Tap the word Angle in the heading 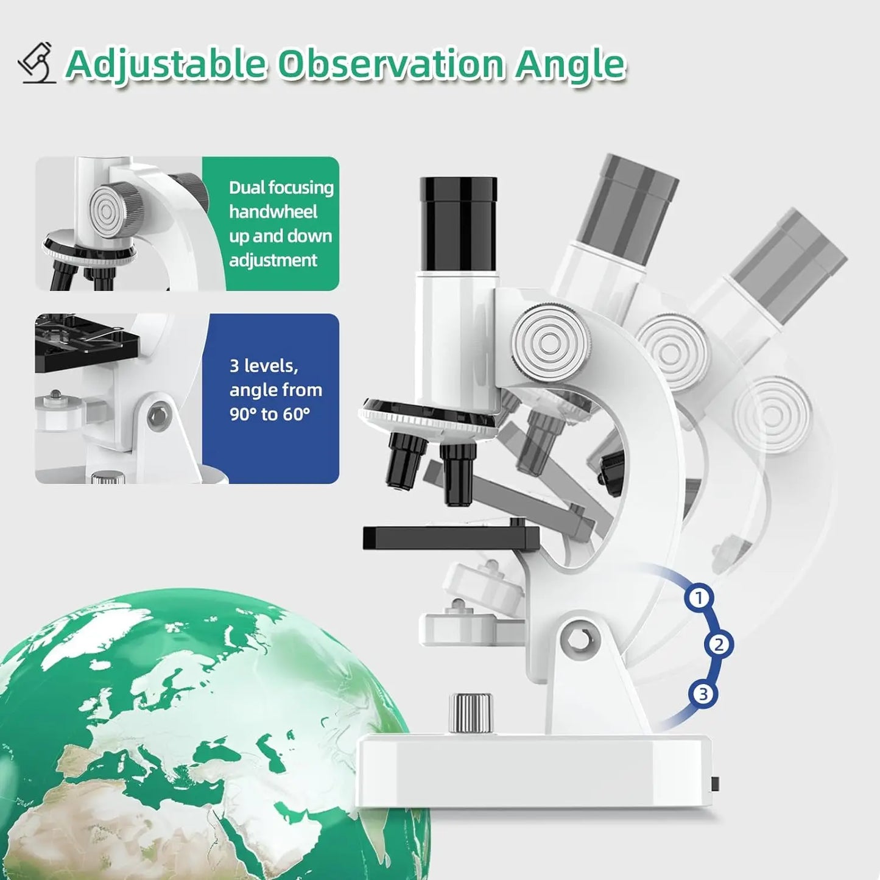570,64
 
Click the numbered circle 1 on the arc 699,597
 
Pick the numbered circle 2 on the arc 719,644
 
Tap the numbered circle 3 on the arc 703,694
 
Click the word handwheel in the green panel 273,212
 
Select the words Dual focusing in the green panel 281,188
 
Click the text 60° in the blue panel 295,415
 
